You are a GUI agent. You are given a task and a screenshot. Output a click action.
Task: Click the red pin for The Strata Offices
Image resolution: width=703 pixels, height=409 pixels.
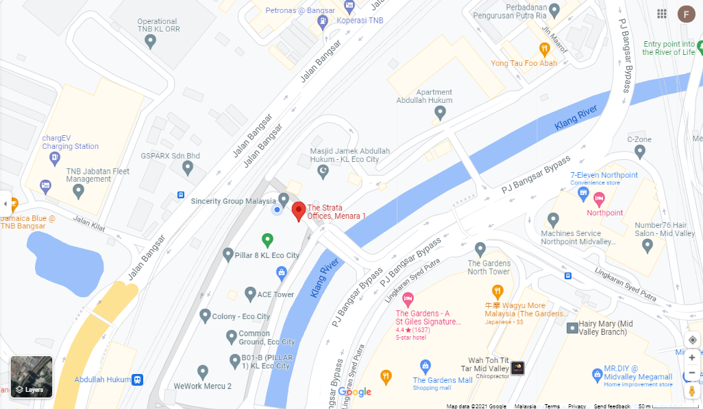pos(299,211)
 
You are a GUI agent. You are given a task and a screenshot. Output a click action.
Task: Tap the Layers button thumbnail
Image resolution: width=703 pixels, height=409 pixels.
pos(32,377)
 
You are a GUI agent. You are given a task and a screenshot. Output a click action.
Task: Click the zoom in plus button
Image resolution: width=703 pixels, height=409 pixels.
pos(692,358)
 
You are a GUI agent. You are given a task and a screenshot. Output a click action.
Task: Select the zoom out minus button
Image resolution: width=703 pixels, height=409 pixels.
pos(692,373)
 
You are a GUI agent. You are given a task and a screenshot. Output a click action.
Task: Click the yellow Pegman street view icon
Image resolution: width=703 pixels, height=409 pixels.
pos(692,390)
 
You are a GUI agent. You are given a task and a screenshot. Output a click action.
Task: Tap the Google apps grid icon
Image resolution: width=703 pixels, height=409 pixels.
pos(662,14)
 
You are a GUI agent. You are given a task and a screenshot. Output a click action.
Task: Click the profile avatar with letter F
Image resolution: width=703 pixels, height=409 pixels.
pos(685,14)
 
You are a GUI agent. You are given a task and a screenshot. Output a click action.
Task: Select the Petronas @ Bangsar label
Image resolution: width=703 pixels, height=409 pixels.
pos(300,10)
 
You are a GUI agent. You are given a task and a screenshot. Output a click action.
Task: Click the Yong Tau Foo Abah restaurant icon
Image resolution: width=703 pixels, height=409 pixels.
pos(544,49)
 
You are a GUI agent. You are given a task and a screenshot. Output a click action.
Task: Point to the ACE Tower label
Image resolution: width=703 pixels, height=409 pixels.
pos(275,294)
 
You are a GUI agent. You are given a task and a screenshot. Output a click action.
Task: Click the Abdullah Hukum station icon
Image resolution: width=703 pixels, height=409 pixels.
pos(138,379)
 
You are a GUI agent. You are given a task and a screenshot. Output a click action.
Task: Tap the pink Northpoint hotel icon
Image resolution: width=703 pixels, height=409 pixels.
pos(600,200)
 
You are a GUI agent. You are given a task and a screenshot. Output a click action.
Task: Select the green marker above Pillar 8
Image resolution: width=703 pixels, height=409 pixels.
pos(268,239)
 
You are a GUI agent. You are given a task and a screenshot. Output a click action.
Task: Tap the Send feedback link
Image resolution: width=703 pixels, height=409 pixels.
pos(612,406)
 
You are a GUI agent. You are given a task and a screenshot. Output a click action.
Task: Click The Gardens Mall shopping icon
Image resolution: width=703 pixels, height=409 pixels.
pos(425,366)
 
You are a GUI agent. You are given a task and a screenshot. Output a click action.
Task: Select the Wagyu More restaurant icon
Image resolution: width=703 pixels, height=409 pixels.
pos(497,290)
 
